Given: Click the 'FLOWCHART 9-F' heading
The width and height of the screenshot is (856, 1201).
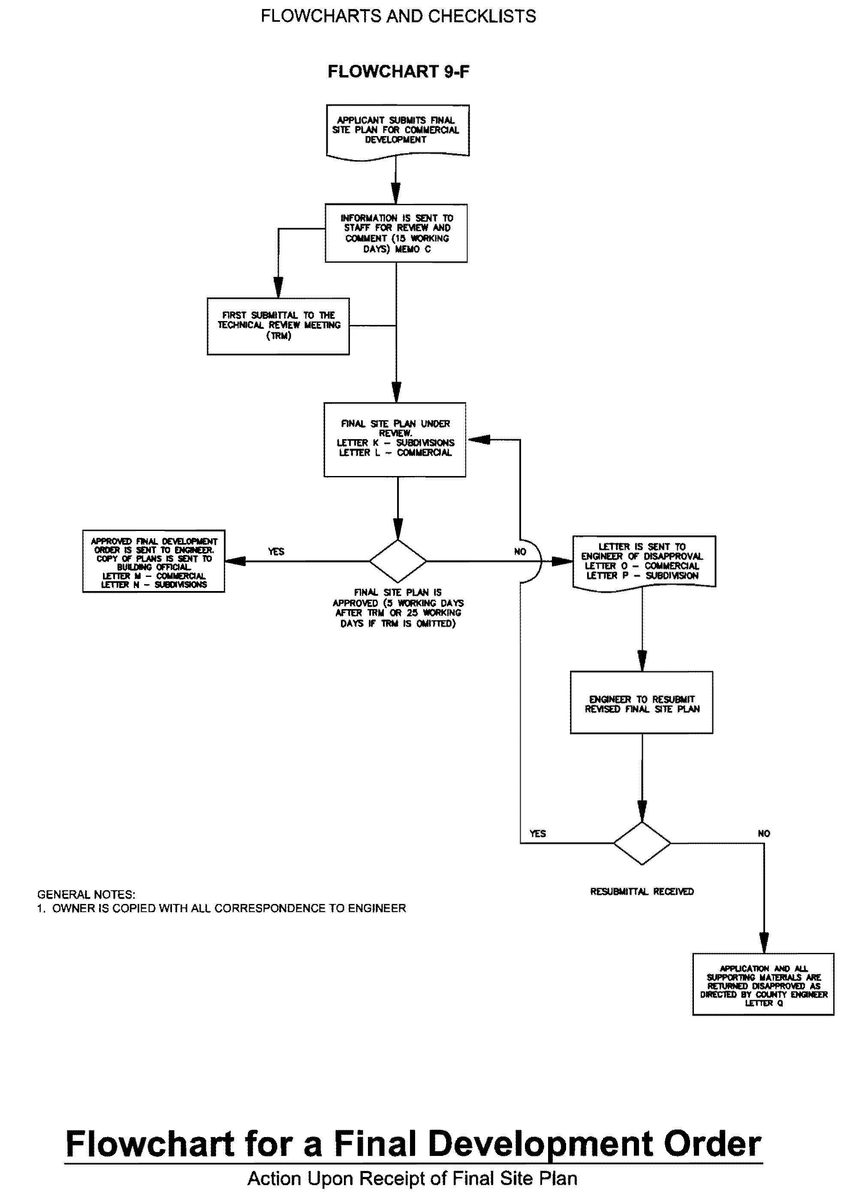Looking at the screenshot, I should [x=398, y=71].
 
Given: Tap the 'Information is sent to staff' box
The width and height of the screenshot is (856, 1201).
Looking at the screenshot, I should [x=396, y=233].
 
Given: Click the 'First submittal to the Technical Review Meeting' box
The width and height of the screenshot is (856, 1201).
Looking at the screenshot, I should [x=278, y=326].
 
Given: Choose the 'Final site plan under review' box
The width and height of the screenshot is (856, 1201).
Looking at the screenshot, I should [x=395, y=440].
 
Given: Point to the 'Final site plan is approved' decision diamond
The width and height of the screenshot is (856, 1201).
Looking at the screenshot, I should [x=398, y=561].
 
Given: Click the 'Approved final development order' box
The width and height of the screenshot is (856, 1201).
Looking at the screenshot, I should [x=154, y=561].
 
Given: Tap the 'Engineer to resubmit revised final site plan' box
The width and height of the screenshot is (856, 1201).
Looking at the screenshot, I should [x=642, y=703].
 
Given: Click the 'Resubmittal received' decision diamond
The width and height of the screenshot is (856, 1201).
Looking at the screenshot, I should [x=642, y=843].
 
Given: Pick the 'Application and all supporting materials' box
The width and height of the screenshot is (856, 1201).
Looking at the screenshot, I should [x=763, y=984].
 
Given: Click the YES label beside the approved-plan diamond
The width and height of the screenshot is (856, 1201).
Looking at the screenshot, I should [x=276, y=552].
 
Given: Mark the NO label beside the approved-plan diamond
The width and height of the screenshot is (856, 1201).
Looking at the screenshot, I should [x=520, y=552].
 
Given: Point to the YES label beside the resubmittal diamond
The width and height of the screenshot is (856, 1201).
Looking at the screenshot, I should [x=538, y=834].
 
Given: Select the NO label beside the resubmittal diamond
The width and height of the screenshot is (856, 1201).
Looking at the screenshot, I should [x=764, y=834].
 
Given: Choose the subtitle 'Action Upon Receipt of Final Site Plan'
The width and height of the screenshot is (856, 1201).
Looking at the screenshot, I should [x=412, y=1178].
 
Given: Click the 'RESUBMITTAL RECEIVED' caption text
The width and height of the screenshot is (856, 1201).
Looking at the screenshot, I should [x=642, y=892].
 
